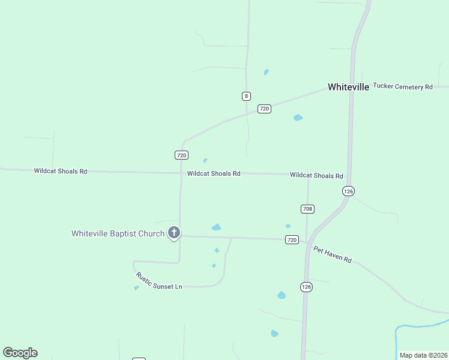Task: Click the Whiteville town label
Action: (348, 87)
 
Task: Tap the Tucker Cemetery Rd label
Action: (403, 86)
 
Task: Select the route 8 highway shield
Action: (246, 96)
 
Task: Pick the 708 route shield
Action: (307, 209)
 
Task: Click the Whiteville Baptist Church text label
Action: (118, 233)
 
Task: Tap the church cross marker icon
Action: (174, 232)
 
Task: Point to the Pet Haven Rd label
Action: (332, 254)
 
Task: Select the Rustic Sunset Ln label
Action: (158, 281)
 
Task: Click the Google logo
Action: (20, 353)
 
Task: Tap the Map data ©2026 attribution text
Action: (423, 355)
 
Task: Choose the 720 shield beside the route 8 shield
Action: (264, 109)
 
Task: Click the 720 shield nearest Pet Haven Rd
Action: (292, 239)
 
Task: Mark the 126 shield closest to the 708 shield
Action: (348, 191)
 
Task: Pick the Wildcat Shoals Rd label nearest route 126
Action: (316, 176)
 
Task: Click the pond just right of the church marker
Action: (216, 227)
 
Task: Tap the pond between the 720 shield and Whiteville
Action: (298, 118)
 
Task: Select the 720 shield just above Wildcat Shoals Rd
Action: (182, 155)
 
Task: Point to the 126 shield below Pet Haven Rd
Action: (306, 287)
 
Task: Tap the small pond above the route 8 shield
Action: (266, 72)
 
